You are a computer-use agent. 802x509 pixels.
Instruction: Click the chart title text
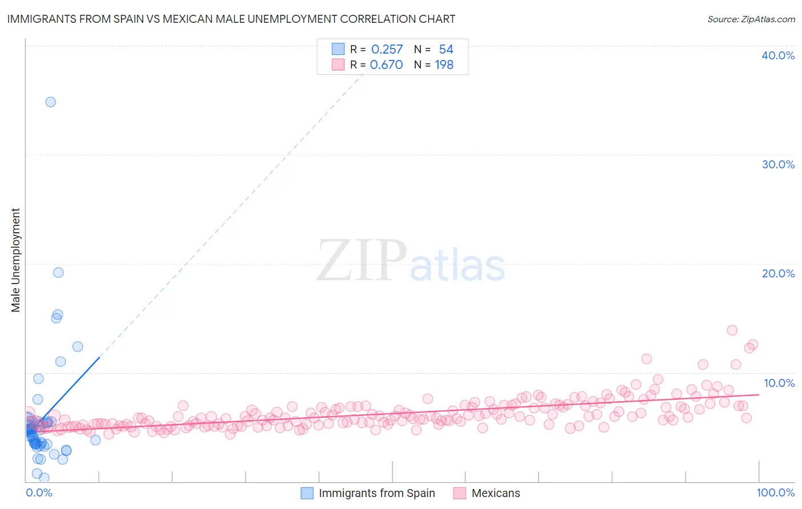tap(231, 19)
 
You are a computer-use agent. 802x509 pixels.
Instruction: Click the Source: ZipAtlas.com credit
tap(751, 19)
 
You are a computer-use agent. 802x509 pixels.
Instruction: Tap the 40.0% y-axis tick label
tap(778, 55)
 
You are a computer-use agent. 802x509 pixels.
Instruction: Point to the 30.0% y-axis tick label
tap(778, 164)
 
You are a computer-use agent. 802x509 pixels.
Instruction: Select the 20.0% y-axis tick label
tap(778, 273)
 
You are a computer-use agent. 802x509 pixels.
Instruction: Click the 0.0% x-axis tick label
tap(39, 492)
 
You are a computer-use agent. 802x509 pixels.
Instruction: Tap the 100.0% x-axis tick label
tap(775, 492)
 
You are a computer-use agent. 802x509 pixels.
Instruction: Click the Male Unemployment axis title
tap(15, 260)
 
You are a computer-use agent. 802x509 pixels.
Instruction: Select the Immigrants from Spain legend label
tap(376, 493)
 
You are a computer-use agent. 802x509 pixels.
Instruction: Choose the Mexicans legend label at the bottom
tap(496, 493)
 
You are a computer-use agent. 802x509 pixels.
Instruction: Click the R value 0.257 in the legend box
tap(387, 50)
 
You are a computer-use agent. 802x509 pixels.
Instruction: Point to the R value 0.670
tap(386, 65)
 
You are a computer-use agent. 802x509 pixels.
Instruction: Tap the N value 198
tap(444, 65)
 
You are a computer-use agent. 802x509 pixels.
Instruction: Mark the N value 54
tap(445, 50)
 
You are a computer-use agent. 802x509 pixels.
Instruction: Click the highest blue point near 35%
tap(51, 102)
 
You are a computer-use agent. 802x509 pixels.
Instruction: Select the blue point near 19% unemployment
tap(58, 272)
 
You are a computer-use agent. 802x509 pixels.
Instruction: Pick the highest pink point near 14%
tap(732, 330)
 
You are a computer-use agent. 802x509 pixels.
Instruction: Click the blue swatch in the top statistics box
tap(338, 49)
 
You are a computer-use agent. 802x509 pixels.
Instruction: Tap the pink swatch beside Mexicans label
tap(459, 493)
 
